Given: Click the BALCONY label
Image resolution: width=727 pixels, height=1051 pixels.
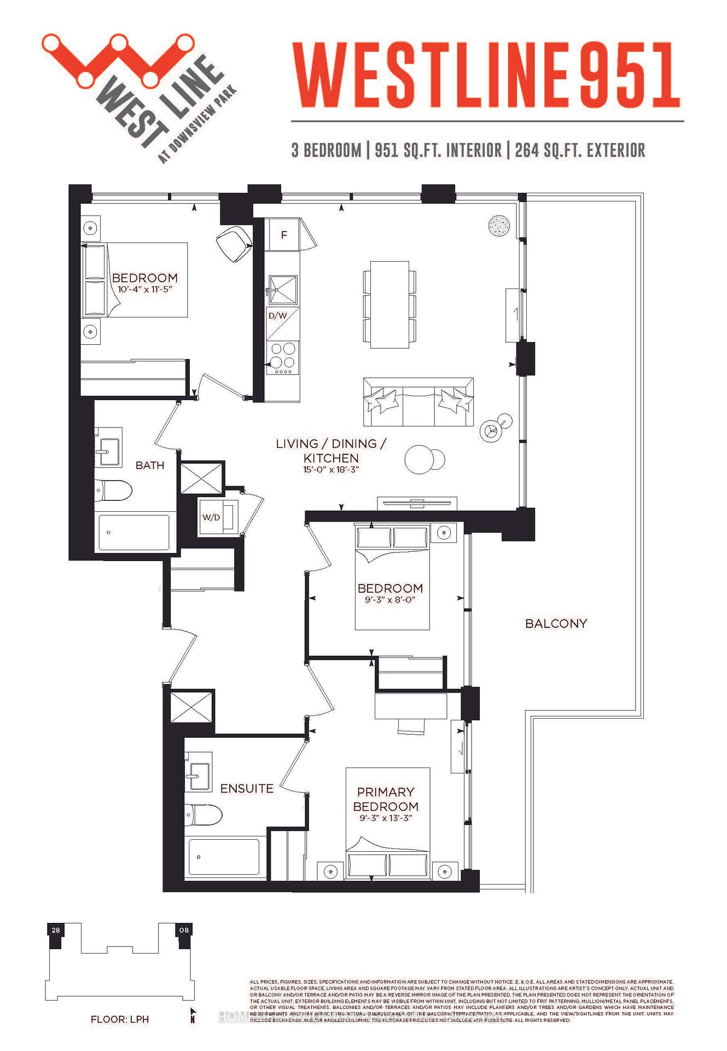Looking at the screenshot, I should tap(556, 623).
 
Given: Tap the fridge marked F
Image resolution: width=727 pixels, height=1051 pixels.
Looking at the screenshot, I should tap(283, 235).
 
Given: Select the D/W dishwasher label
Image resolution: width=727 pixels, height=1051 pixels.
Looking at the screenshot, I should tap(278, 316).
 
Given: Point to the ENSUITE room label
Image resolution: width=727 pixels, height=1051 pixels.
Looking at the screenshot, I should tap(247, 788).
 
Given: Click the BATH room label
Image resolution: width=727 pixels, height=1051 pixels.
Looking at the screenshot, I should tap(150, 465).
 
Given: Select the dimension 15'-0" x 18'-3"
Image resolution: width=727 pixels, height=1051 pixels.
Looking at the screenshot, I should tap(331, 470).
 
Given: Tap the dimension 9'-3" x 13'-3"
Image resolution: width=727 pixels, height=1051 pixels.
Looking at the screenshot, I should tap(385, 818).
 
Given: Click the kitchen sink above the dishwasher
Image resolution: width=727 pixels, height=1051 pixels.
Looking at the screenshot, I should tap(283, 290).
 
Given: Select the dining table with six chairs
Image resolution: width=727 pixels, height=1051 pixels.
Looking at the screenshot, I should tap(389, 304).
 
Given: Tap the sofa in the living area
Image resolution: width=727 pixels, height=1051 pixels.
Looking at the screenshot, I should tap(418, 402).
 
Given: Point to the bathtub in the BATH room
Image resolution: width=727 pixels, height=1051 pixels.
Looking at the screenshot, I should tap(134, 532).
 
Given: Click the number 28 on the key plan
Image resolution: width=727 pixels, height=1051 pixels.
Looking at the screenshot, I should tap(56, 930).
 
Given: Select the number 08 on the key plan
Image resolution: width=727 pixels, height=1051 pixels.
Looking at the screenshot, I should tap(184, 930).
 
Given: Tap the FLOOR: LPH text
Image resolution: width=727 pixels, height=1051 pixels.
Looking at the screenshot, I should tap(120, 1019).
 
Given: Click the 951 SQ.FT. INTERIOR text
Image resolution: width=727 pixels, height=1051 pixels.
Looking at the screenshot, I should tap(438, 150).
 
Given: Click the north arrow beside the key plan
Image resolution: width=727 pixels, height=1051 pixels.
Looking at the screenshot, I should tap(193, 1015).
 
